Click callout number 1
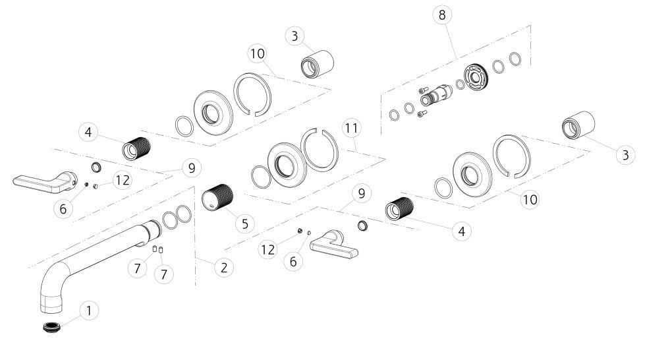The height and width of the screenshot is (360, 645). (89, 311)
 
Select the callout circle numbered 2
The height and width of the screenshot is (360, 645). (224, 268)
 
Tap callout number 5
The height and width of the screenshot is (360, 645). (245, 224)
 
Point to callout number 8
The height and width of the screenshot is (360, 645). (442, 15)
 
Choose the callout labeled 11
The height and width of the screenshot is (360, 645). (351, 128)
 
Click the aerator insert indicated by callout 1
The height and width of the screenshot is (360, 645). (52, 328)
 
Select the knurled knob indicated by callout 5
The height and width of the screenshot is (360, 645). (217, 197)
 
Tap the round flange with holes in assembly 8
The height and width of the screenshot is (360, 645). (476, 76)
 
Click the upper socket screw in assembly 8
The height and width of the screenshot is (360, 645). (424, 90)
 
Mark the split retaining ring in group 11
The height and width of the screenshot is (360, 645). (320, 150)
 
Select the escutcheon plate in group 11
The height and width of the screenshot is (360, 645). (287, 165)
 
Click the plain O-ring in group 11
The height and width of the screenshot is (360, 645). (261, 177)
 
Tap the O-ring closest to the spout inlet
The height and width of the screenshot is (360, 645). (170, 220)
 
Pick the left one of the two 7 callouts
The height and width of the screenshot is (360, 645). (137, 268)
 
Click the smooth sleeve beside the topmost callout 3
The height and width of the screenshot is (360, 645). (317, 64)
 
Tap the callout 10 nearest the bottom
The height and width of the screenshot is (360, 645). (530, 200)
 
